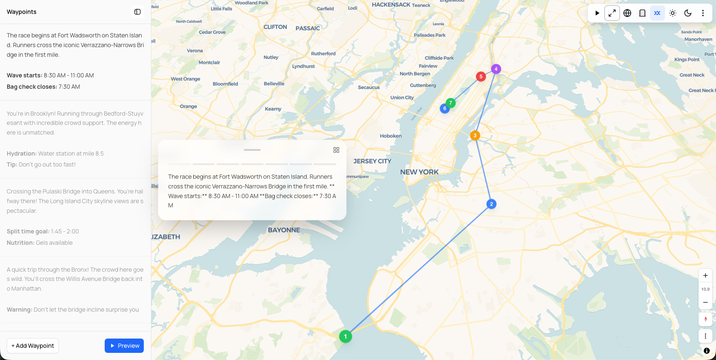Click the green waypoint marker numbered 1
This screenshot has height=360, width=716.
[346, 336]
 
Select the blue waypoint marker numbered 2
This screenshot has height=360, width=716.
[491, 204]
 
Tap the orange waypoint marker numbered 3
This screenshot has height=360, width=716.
[475, 135]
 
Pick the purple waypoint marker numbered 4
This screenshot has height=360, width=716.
[496, 69]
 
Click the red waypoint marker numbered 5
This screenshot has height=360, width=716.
[481, 77]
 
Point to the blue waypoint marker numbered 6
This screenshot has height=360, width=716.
[444, 109]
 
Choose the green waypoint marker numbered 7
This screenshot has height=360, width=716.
[451, 103]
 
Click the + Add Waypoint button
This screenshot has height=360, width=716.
[33, 346]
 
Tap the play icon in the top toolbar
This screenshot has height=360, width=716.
[597, 13]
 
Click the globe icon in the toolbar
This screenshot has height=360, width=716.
[627, 13]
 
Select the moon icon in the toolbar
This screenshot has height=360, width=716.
[688, 13]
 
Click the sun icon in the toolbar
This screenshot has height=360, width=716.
[673, 13]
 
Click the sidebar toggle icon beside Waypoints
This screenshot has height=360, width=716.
[137, 12]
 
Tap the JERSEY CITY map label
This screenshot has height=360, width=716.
[372, 161]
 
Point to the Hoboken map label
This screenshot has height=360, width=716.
[391, 136]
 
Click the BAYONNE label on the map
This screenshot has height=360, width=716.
[284, 230]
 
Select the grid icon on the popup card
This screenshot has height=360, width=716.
[336, 150]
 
